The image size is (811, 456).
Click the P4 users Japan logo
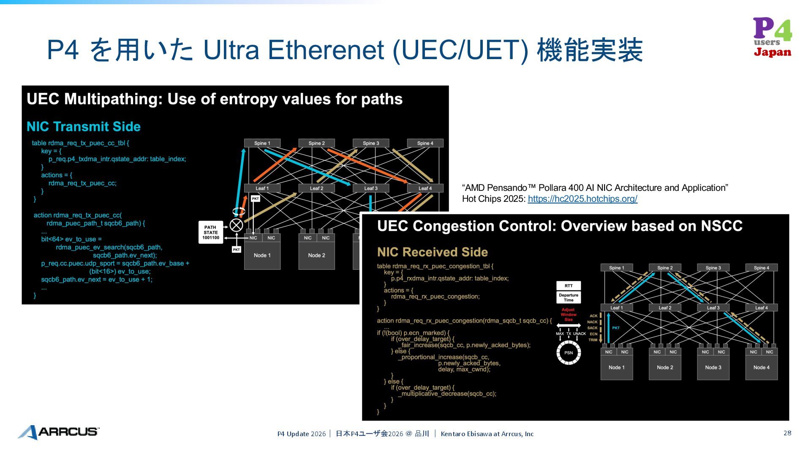pyautogui.click(x=773, y=38)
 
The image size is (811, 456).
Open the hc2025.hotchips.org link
pyautogui.click(x=582, y=199)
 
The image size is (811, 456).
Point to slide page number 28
pyautogui.click(x=787, y=433)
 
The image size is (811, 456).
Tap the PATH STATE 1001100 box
pyautogui.click(x=210, y=232)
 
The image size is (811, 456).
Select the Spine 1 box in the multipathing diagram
pyautogui.click(x=262, y=143)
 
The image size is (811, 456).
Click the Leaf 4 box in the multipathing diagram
pyautogui.click(x=425, y=188)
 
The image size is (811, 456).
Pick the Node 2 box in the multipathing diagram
pyautogui.click(x=316, y=255)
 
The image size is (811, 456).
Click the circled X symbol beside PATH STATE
pyautogui.click(x=236, y=225)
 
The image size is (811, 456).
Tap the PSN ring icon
pyautogui.click(x=569, y=353)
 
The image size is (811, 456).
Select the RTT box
pyautogui.click(x=569, y=286)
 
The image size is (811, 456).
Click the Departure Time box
pyautogui.click(x=569, y=298)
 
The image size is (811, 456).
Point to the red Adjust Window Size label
pyautogui.click(x=569, y=315)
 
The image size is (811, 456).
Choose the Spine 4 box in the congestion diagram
pyautogui.click(x=761, y=268)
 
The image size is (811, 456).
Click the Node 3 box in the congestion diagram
pyautogui.click(x=713, y=367)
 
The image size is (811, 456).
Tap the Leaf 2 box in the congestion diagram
pyautogui.click(x=665, y=308)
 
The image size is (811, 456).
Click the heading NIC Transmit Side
pyautogui.click(x=84, y=127)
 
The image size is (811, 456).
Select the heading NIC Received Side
pyautogui.click(x=432, y=252)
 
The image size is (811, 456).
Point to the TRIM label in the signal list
pyautogui.click(x=593, y=340)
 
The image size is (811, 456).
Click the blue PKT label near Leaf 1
pyautogui.click(x=616, y=328)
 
